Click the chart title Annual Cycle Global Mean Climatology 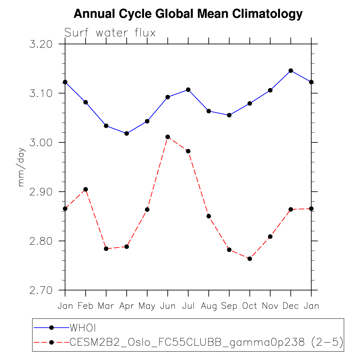[x=188, y=14]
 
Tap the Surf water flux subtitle [x=110, y=33]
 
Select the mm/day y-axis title [x=22, y=167]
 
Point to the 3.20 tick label [x=41, y=44]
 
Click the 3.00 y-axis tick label [x=41, y=143]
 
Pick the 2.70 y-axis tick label [x=41, y=291]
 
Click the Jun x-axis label [x=168, y=306]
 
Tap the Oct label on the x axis [x=250, y=306]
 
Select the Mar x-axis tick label [x=106, y=306]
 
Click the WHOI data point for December [x=291, y=71]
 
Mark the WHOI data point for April [x=127, y=133]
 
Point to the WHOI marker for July [x=188, y=90]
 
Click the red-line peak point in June [x=168, y=137]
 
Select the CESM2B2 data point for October [x=250, y=259]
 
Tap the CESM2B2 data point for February [x=86, y=189]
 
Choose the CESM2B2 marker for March [x=106, y=249]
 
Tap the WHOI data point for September [x=229, y=115]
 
